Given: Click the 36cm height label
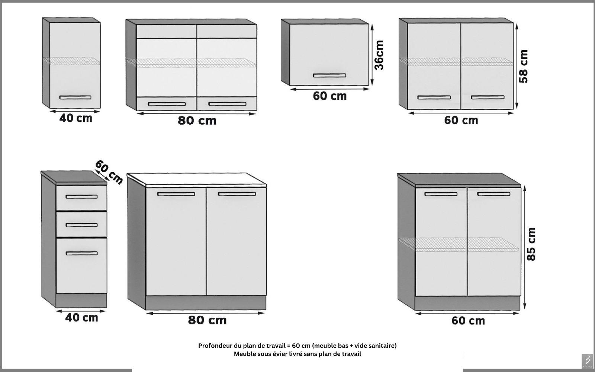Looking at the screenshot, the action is click(x=379, y=55).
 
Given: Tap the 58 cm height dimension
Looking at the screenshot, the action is click(x=524, y=67).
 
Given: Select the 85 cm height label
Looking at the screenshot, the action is click(x=531, y=244).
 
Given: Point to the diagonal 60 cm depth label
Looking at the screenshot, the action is click(x=109, y=172).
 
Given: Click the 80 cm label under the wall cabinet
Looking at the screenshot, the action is click(x=197, y=121).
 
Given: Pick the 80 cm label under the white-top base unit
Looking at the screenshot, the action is click(x=207, y=320).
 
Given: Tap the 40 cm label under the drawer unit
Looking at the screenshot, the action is click(x=81, y=318).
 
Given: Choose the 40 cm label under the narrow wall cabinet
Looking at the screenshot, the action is click(x=76, y=118).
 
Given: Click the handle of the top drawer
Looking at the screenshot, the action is click(x=81, y=197).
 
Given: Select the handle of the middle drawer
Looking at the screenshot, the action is click(x=81, y=225).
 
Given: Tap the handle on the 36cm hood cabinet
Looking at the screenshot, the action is click(x=329, y=76).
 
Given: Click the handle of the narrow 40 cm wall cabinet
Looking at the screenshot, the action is click(x=75, y=97).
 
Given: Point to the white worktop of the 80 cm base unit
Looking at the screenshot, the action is click(x=197, y=180).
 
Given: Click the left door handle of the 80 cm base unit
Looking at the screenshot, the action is click(x=176, y=194).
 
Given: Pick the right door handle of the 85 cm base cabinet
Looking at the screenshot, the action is click(x=493, y=194).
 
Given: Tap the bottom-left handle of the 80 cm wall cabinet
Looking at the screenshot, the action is click(x=167, y=104).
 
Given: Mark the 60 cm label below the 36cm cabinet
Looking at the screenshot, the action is click(x=329, y=96).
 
